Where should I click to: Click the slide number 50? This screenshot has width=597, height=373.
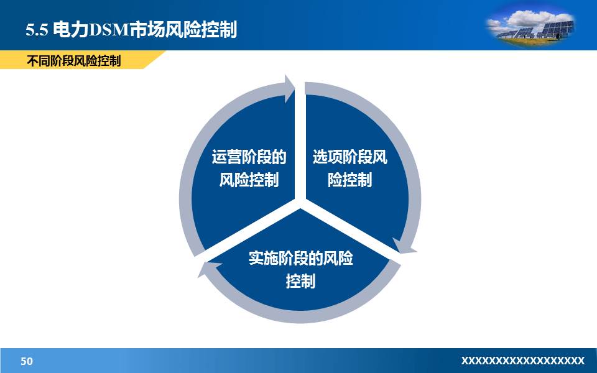coord(27,361)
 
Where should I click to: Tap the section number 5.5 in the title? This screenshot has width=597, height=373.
coord(37,30)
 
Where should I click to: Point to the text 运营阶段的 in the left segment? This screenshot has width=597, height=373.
coord(249,157)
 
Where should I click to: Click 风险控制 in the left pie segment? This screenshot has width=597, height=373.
coord(249,180)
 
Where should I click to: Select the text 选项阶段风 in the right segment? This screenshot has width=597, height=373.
coord(349,157)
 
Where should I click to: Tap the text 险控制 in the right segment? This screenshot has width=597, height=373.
coord(349,180)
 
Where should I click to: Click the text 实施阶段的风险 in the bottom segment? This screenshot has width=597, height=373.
coord(300,258)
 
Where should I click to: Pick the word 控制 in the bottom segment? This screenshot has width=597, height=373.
coord(300,281)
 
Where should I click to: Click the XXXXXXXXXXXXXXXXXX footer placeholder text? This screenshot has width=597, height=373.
coord(522,361)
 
